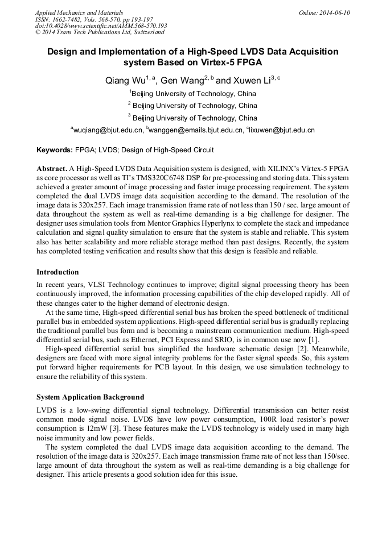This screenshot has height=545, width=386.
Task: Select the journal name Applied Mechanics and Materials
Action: pyautogui.click(x=79, y=13)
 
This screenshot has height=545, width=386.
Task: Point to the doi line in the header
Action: pyautogui.click(x=101, y=26)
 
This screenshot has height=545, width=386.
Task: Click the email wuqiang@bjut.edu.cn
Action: pyautogui.click(x=108, y=130)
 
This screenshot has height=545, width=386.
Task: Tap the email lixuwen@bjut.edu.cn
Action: pyautogui.click(x=282, y=130)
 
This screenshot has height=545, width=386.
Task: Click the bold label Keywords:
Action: pyautogui.click(x=55, y=150)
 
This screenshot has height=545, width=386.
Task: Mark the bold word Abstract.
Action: pyautogui.click(x=51, y=169)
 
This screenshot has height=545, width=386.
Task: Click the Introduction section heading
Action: pyautogui.click(x=58, y=272)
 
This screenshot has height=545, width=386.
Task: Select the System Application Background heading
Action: pyautogui.click(x=90, y=397)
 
